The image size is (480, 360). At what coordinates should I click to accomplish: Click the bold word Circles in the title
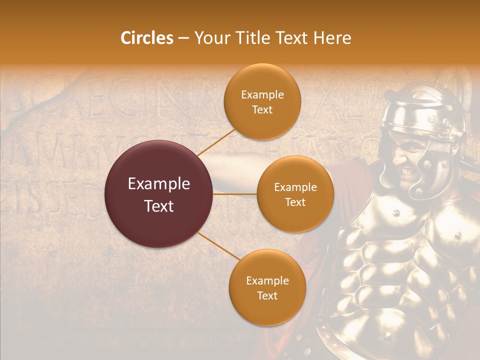click(x=147, y=38)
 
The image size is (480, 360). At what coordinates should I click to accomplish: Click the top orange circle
click(x=262, y=101)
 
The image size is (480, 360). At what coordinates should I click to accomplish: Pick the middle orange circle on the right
click(x=295, y=194)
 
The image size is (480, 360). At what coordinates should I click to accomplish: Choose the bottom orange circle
click(x=267, y=287)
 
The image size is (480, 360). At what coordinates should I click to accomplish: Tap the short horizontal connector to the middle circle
click(x=235, y=194)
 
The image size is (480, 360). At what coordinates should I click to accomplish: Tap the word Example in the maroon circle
click(x=159, y=184)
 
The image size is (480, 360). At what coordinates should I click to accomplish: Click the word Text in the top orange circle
click(x=262, y=109)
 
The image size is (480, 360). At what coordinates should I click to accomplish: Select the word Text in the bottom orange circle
click(x=267, y=295)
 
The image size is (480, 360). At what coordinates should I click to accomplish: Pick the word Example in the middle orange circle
click(x=295, y=187)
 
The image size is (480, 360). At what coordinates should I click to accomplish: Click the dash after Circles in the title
click(x=183, y=38)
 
